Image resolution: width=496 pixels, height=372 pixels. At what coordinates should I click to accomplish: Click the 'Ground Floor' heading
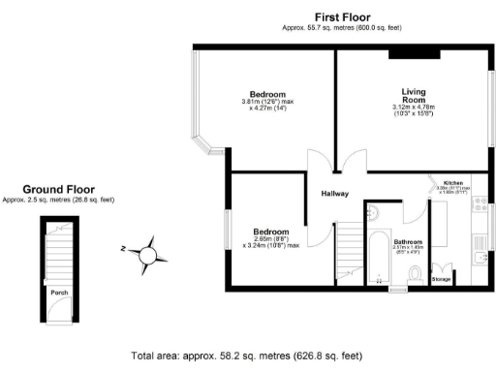pyautogui.click(x=58, y=190)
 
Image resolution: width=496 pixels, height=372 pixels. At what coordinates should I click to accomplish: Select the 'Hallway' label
pyautogui.click(x=335, y=194)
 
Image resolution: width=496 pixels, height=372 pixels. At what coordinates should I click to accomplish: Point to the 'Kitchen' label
pyautogui.click(x=453, y=183)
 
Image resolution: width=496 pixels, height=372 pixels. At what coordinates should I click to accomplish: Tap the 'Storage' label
pyautogui.click(x=441, y=279)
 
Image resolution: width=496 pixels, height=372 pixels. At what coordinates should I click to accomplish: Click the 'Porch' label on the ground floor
pyautogui.click(x=58, y=289)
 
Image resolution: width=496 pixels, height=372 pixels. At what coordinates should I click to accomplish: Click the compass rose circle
pyautogui.click(x=148, y=255)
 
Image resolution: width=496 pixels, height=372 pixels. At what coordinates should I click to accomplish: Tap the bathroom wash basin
pyautogui.click(x=376, y=212)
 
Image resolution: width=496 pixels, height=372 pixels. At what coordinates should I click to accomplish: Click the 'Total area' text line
pyautogui.click(x=248, y=356)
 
